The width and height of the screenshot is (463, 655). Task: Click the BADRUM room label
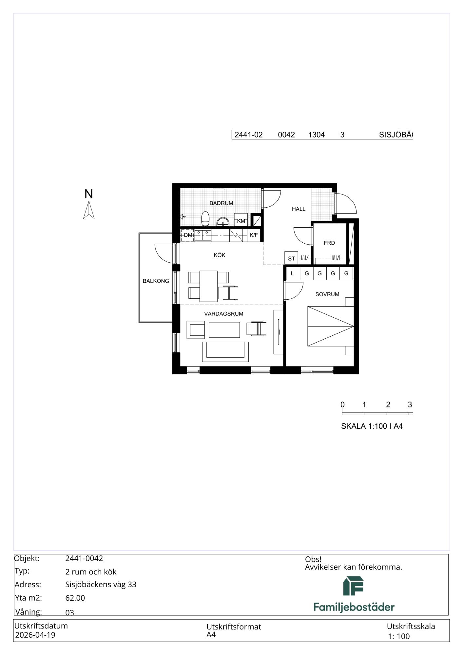coord(221,203)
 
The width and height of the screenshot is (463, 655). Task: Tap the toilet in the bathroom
coord(205,218)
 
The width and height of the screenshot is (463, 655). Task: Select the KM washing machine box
coord(241,220)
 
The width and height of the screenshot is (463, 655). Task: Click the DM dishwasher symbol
coord(188,235)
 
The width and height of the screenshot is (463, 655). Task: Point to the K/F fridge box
coord(254,235)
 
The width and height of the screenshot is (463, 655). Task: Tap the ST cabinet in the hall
coord(291,258)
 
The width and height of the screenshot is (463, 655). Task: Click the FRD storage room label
coord(329,243)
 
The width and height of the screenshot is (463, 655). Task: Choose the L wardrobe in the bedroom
coord(293,273)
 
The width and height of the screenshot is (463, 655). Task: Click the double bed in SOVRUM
coord(331,326)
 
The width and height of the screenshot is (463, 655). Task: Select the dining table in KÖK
coord(209,286)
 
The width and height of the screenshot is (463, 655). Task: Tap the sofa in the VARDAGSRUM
coord(225,352)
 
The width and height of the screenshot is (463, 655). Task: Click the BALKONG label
coord(156,281)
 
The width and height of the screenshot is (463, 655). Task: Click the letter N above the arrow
coord(88,194)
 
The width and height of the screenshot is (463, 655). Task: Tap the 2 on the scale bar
coord(388,405)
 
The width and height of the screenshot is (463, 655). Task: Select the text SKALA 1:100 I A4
coord(372,426)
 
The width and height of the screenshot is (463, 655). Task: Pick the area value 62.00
coord(75,598)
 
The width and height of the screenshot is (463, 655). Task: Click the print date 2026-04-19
coord(35,635)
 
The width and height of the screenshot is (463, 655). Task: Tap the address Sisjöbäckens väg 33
coord(101,585)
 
